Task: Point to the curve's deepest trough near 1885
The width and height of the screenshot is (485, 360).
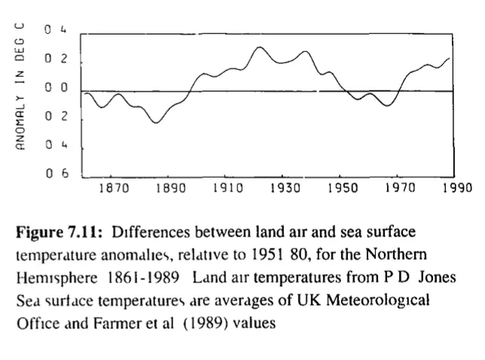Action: click(157, 122)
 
